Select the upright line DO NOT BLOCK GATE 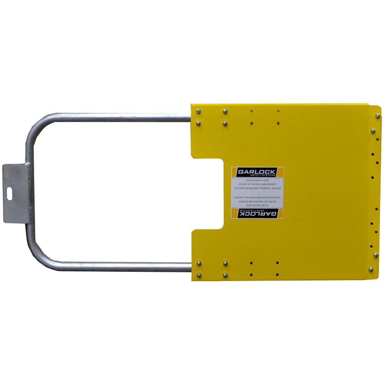point(257,180)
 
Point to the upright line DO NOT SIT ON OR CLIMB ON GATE point(257,184)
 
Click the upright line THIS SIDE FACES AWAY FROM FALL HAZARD point(257,189)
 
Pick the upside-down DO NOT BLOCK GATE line point(257,205)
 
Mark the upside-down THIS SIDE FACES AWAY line point(257,197)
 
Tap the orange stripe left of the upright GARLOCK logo point(233,172)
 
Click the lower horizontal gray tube point(115,266)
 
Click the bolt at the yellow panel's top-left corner point(198,111)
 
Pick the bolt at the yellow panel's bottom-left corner point(199,275)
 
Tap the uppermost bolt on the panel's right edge point(377,116)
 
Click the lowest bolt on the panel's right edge point(371,269)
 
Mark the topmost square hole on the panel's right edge point(377,140)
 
